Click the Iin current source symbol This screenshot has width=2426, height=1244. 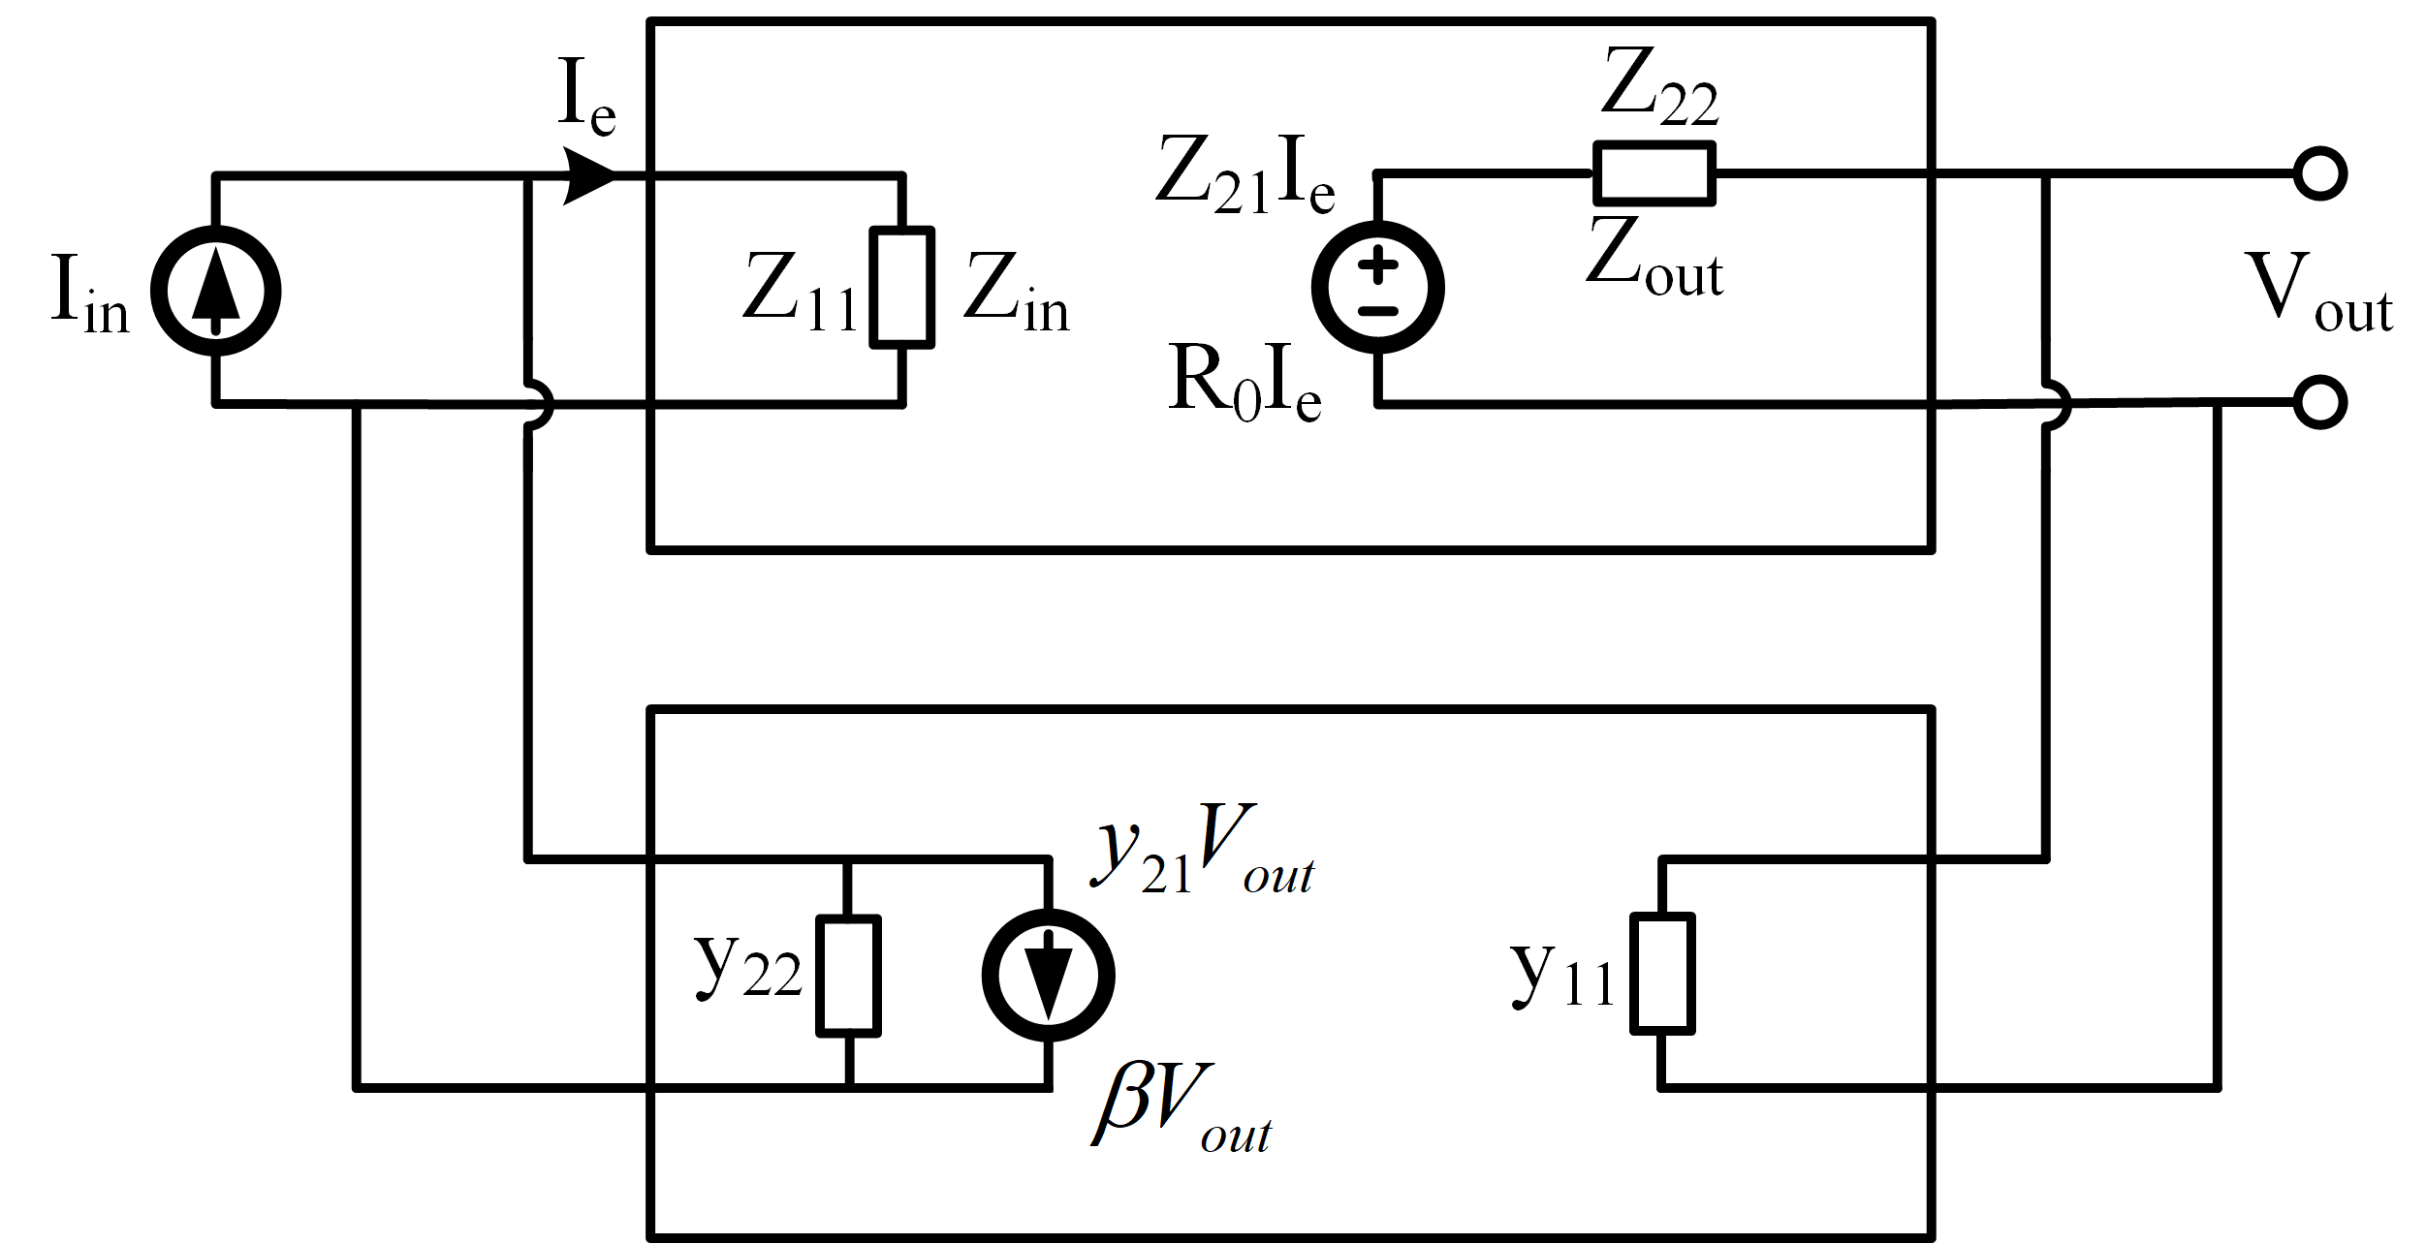(x=215, y=291)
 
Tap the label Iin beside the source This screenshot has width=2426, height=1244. (x=89, y=295)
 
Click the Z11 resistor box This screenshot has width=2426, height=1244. (x=901, y=288)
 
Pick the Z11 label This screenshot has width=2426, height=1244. (x=800, y=293)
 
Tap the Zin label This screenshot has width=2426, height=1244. (x=1016, y=293)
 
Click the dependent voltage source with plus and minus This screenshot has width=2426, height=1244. (x=1377, y=288)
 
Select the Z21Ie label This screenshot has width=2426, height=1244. (x=1245, y=175)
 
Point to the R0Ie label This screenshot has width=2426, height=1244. (x=1245, y=385)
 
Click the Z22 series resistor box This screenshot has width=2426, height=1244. (x=1654, y=174)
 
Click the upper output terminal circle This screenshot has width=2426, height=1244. (x=2319, y=174)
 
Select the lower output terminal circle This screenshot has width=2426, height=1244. (x=2319, y=403)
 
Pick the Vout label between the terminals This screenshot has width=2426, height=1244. (x=2316, y=293)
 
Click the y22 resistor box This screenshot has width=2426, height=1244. (x=848, y=976)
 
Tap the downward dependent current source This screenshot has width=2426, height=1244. (x=1048, y=976)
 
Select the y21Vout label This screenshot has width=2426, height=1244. (x=1202, y=851)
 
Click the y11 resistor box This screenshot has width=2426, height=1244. (x=1662, y=974)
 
